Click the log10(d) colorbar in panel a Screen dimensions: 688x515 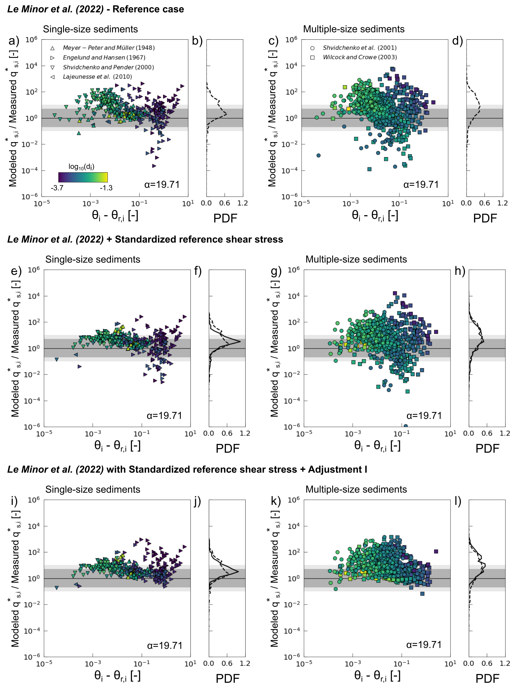[x=83, y=177]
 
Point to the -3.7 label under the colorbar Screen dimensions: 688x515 [x=57, y=188]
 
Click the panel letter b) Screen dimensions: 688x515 [x=197, y=41]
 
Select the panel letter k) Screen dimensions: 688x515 [x=276, y=501]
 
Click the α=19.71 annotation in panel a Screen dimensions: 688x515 [x=162, y=184]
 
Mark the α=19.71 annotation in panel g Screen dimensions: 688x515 [x=424, y=416]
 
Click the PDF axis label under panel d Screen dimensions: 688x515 [x=485, y=218]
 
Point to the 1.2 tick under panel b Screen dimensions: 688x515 [x=243, y=203]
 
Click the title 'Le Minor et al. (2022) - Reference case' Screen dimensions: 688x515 [x=95, y=9]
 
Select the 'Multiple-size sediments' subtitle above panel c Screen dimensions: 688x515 [x=354, y=29]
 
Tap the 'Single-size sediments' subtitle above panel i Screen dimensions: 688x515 [x=93, y=489]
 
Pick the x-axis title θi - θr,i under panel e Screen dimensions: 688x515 [x=117, y=446]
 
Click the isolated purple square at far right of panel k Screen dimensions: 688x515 [x=436, y=551]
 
